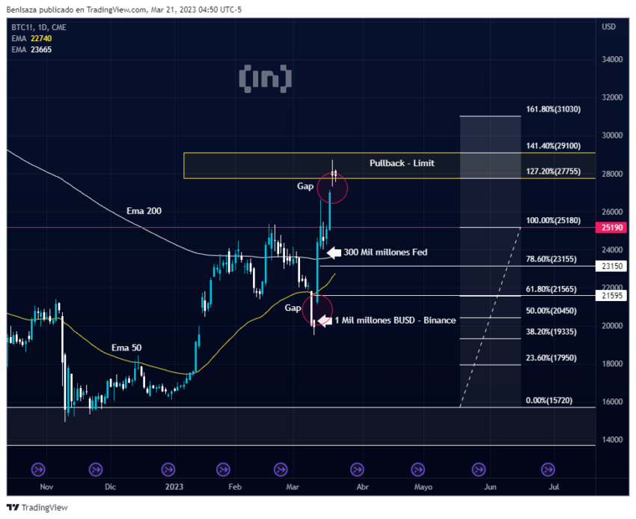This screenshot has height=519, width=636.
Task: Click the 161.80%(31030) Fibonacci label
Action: (x=553, y=109)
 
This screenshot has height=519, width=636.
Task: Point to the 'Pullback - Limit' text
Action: (x=401, y=163)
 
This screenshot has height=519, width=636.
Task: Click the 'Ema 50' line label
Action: (x=126, y=347)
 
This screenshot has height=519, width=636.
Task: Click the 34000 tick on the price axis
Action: (x=612, y=59)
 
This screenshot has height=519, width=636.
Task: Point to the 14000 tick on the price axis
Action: (x=612, y=440)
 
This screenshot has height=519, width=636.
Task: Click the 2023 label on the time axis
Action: (x=174, y=487)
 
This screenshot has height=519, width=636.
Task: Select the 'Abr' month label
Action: (x=362, y=487)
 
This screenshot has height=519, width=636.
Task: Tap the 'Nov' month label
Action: (x=46, y=487)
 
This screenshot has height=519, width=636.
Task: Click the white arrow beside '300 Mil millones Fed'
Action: (x=333, y=252)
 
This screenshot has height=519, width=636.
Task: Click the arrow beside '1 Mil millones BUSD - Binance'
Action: (x=324, y=321)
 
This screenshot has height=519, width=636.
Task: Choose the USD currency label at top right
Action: (x=608, y=27)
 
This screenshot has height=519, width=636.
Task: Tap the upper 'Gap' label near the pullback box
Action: (x=306, y=186)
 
